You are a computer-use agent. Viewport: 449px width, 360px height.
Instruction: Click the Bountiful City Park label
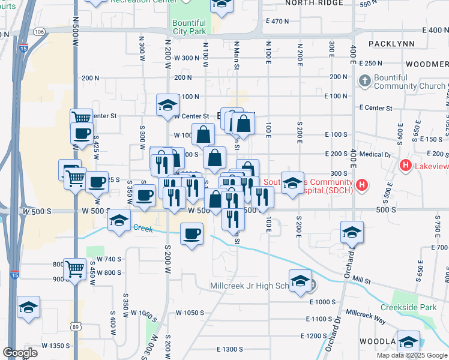click(x=189, y=27)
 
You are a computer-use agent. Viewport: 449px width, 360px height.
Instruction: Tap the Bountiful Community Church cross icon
click(x=364, y=80)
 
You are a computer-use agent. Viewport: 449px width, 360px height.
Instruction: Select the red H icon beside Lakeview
click(x=406, y=165)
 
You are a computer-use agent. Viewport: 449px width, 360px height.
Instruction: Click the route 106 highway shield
click(x=40, y=31)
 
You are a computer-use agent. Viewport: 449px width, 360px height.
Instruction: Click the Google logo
click(x=20, y=353)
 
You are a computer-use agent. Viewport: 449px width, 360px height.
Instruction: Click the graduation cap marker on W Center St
click(x=167, y=106)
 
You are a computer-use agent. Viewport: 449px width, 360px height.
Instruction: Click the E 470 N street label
click(x=277, y=21)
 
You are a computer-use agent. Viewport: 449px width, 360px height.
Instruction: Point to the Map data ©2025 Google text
click(x=411, y=355)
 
